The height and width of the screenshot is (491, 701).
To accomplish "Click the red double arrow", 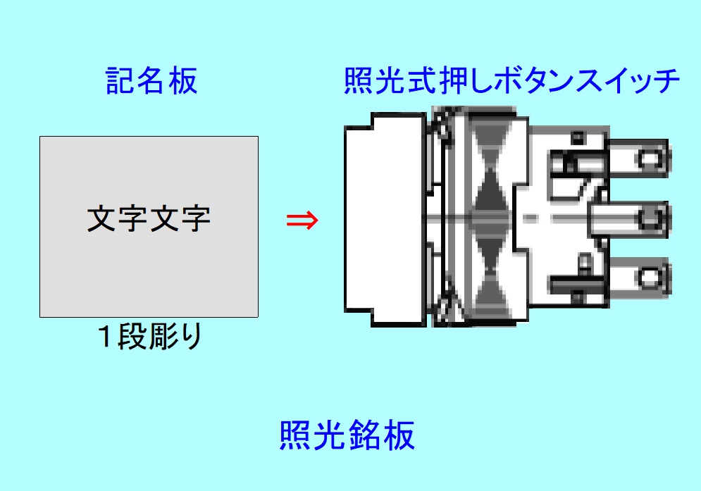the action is (302, 220).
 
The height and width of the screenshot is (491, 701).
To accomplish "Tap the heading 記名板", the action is (151, 81).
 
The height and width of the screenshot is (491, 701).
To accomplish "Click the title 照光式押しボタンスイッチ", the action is (512, 81).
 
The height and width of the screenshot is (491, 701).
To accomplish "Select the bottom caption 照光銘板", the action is (347, 435).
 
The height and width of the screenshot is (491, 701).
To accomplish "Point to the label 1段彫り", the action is (150, 336).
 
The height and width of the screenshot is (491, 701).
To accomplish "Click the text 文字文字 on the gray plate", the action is (149, 218).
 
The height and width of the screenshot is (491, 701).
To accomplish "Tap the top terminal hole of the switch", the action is (649, 159).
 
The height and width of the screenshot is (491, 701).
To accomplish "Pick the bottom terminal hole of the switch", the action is (649, 278).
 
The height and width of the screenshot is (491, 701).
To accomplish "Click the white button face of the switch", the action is (385, 219).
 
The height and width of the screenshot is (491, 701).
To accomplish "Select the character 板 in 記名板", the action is (183, 81).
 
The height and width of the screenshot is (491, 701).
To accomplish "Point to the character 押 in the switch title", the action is (455, 81).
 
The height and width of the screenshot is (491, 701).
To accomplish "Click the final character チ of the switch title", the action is (666, 81).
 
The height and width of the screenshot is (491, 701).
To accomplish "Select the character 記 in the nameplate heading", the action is (120, 81).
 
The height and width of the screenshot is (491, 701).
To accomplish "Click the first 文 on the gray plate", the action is (101, 218).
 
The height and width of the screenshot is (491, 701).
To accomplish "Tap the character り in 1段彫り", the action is (192, 336).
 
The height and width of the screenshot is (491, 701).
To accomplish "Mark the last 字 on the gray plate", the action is (196, 218).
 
